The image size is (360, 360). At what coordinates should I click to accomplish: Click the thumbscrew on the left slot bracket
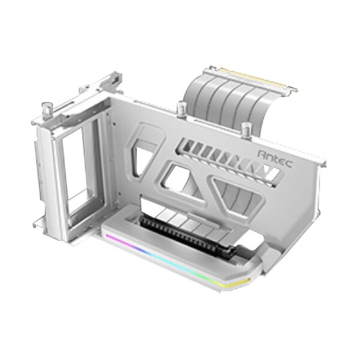pyautogui.click(x=46, y=109)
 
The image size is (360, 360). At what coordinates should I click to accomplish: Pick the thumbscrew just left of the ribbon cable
pyautogui.click(x=180, y=109)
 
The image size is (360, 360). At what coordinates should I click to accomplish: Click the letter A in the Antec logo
pyautogui.click(x=261, y=155)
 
